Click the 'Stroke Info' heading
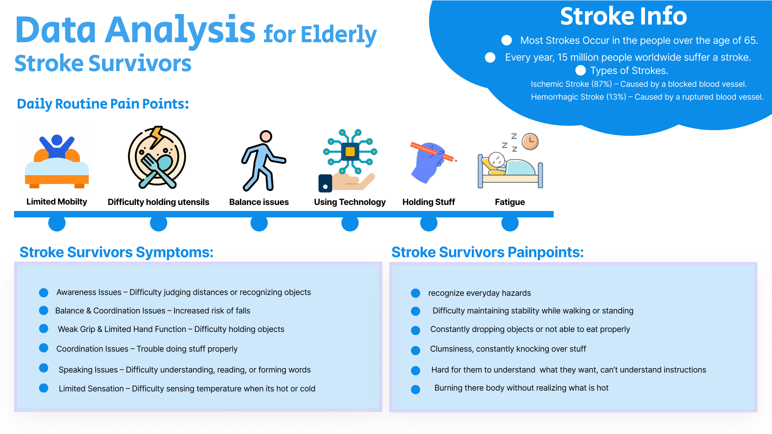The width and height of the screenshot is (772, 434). (623, 16)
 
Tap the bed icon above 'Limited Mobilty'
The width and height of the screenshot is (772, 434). (57, 161)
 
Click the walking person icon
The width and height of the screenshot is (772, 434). (262, 161)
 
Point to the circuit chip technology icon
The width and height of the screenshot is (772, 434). (350, 152)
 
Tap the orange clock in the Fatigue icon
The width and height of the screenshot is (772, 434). (530, 141)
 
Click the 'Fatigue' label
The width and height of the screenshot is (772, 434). (509, 202)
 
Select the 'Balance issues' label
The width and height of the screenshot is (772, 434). (259, 202)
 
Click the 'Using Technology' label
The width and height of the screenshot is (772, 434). (349, 202)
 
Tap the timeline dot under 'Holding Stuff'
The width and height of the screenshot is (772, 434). (429, 223)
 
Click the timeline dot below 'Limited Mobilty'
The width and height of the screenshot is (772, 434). (57, 223)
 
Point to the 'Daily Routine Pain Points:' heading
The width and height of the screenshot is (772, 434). (103, 104)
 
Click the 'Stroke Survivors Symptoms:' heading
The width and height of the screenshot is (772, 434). (117, 252)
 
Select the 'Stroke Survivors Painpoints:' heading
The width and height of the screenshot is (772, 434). (487, 252)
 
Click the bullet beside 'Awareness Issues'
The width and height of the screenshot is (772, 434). (44, 293)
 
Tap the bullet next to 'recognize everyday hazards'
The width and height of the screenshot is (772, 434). (416, 293)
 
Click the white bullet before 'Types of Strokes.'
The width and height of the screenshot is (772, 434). (581, 71)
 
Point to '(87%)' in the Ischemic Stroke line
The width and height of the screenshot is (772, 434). (602, 84)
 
